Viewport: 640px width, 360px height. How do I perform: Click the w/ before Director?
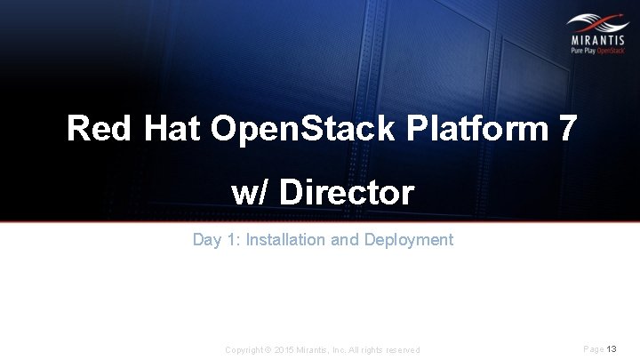(x=252, y=193)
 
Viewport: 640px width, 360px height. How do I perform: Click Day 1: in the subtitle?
(x=216, y=240)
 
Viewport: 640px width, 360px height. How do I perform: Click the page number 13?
(x=612, y=349)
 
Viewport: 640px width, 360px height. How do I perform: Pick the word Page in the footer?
(x=594, y=349)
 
